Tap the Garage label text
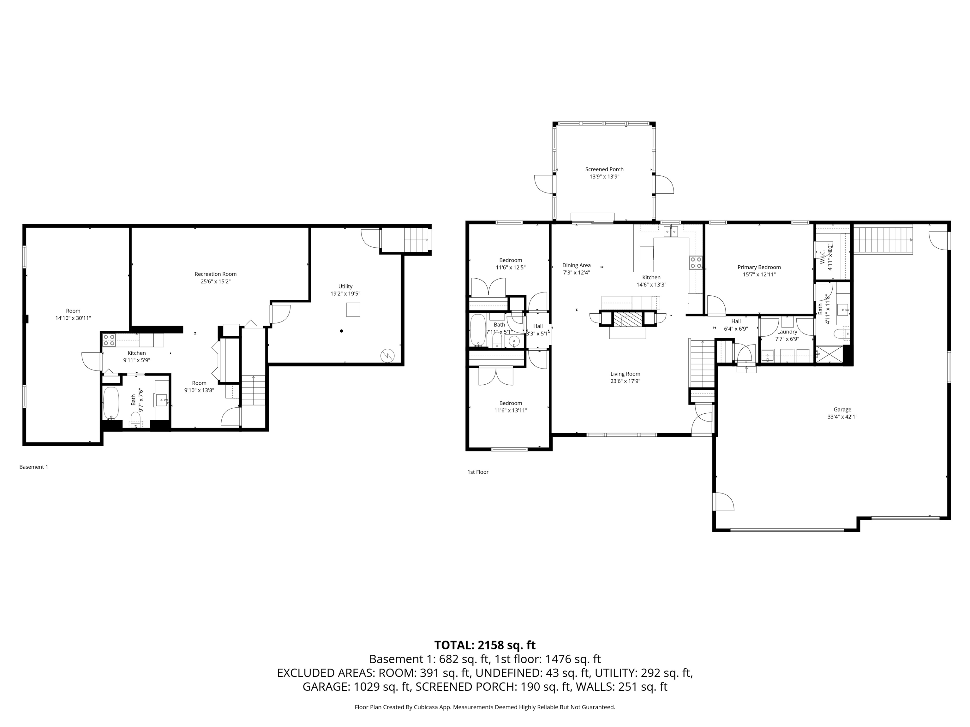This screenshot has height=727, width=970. [x=842, y=409]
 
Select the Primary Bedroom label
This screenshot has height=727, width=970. [x=759, y=267]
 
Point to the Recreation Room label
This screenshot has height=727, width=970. [x=215, y=274]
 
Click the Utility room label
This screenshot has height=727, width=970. [x=345, y=287]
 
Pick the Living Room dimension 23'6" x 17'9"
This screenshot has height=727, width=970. [x=625, y=381]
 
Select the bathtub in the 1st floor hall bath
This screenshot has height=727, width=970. [x=477, y=330]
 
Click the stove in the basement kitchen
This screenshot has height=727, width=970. [x=109, y=340]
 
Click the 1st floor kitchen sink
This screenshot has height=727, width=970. [x=670, y=231]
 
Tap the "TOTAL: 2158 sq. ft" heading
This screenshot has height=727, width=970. [x=485, y=645]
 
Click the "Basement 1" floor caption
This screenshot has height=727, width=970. [x=34, y=467]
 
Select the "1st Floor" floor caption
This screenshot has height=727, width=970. [x=478, y=472]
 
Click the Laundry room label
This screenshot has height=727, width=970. [x=787, y=332]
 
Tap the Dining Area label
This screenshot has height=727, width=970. [x=577, y=265]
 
